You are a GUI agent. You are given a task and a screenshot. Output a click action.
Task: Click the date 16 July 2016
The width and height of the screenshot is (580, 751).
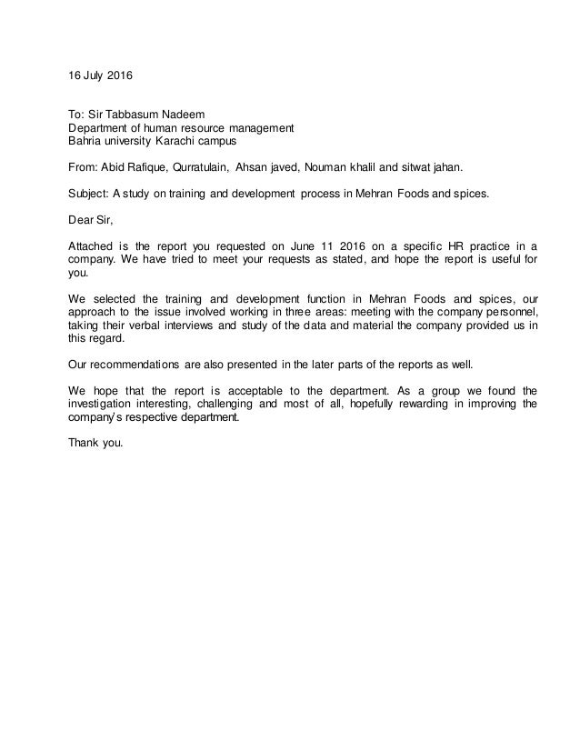click(x=100, y=70)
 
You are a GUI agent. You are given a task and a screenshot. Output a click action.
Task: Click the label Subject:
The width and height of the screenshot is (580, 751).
click(x=89, y=194)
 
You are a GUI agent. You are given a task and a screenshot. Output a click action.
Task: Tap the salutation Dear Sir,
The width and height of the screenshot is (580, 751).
click(x=92, y=219)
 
